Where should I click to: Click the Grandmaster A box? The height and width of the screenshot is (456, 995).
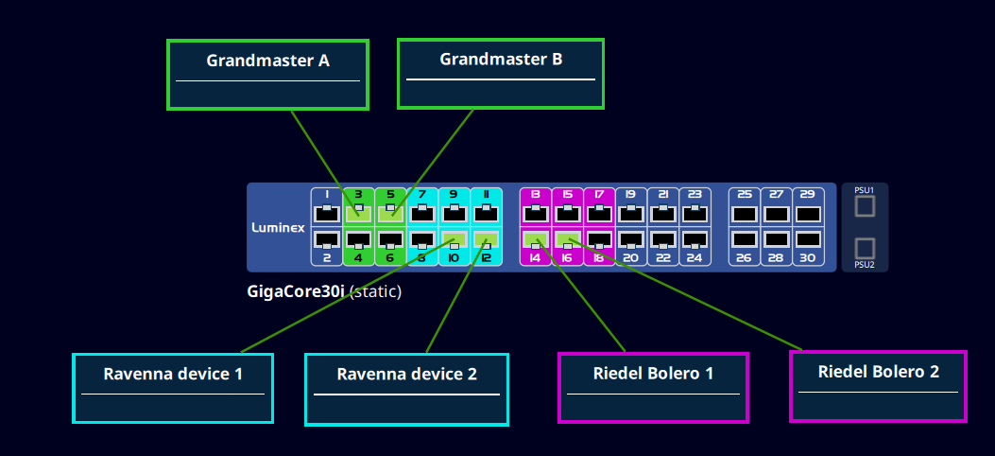[x=267, y=74]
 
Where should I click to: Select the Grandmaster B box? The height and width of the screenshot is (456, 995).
[x=501, y=73]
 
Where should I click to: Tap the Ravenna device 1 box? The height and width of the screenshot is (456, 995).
[x=173, y=387]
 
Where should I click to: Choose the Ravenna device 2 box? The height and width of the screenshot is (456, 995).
[x=406, y=388]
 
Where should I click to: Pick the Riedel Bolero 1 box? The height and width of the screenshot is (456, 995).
[x=653, y=386]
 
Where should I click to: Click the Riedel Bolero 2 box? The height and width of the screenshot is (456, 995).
[x=878, y=385]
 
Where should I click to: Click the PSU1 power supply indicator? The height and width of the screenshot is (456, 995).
[x=865, y=205]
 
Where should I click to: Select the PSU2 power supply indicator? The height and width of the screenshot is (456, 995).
[x=865, y=248]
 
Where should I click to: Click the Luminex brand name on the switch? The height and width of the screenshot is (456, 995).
[x=276, y=227]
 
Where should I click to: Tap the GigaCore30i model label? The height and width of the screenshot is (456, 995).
[x=296, y=291]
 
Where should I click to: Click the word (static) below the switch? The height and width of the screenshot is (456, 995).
[x=375, y=291]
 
